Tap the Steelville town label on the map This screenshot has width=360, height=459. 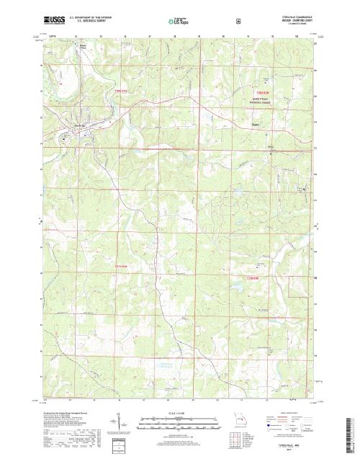(x=81, y=127)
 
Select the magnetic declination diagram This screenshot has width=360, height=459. (x=119, y=422)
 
